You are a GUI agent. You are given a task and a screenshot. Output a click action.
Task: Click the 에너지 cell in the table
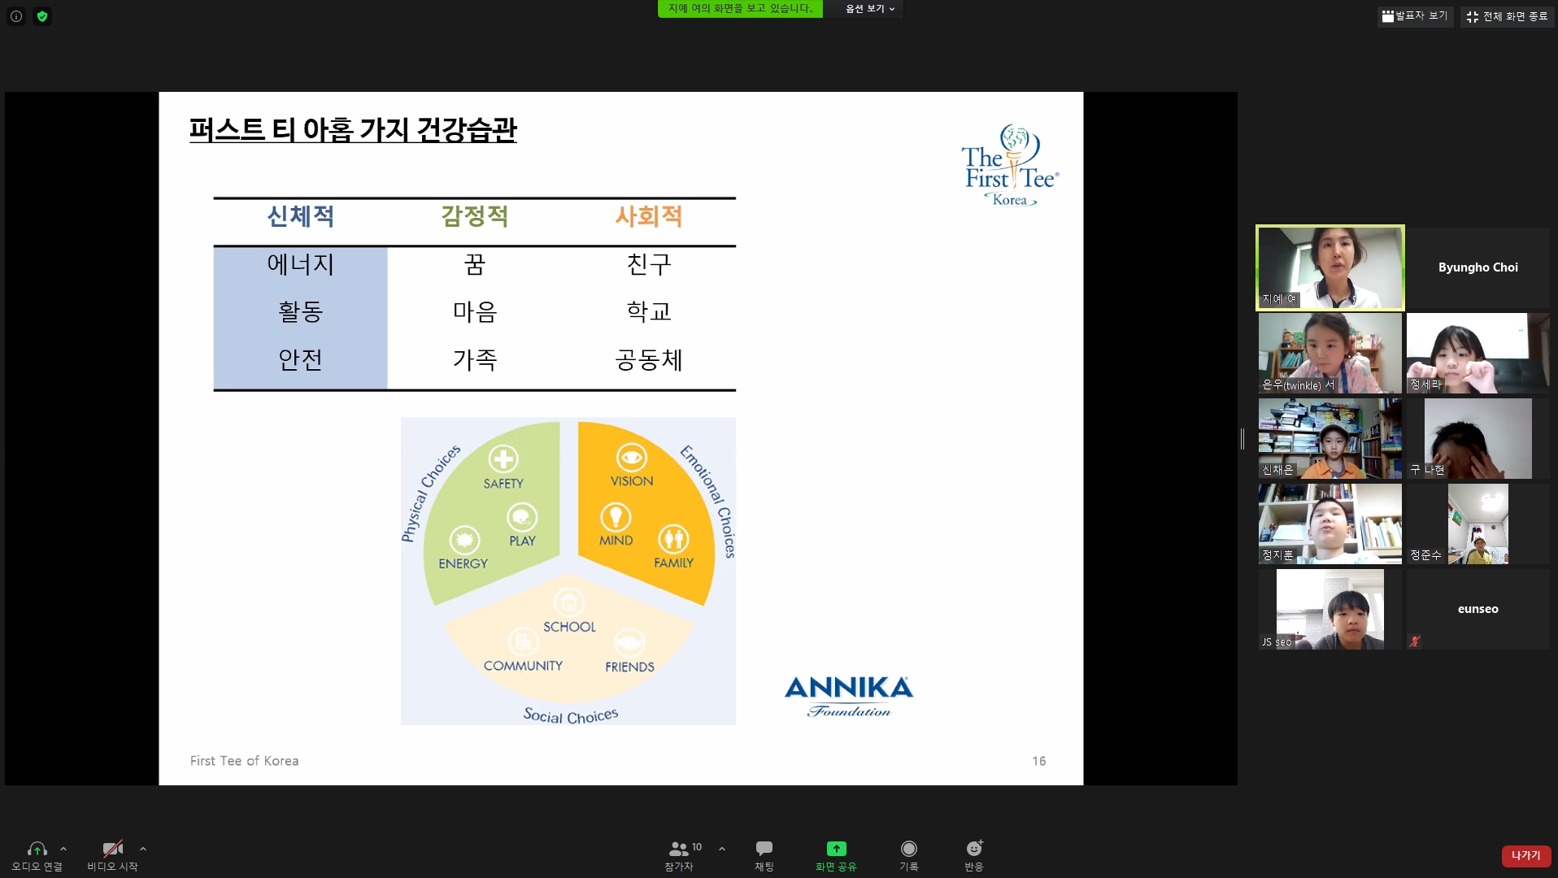click(x=300, y=264)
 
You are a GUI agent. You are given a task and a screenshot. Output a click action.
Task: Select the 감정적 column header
click(x=475, y=216)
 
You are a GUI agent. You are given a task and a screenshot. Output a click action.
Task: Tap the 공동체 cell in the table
click(x=649, y=359)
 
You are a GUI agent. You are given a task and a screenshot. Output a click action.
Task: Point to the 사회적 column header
click(x=649, y=216)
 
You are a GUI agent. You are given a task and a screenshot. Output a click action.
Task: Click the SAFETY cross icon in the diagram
click(x=503, y=459)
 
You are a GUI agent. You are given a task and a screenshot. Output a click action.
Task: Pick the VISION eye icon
click(x=632, y=458)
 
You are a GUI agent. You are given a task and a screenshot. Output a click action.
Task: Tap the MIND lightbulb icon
click(x=616, y=517)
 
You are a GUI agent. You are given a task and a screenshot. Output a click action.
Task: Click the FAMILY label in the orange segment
click(x=673, y=563)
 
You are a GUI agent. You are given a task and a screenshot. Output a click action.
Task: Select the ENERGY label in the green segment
click(x=463, y=563)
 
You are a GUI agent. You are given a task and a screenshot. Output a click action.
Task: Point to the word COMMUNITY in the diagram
click(x=523, y=666)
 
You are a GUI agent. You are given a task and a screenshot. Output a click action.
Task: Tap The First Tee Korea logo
click(x=1011, y=166)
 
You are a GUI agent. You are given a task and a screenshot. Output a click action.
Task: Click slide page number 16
click(x=1039, y=761)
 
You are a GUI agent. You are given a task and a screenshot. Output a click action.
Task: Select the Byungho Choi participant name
click(x=1477, y=267)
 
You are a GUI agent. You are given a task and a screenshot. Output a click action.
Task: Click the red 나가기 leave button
click(x=1525, y=856)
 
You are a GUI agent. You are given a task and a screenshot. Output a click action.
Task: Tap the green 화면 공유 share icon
click(x=836, y=849)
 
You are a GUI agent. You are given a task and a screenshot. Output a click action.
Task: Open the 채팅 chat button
click(x=764, y=855)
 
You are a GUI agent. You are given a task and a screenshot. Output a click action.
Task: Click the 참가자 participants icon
click(x=678, y=849)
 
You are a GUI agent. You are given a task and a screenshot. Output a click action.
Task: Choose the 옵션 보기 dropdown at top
click(x=869, y=9)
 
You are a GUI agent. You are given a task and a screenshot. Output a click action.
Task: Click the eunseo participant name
click(x=1477, y=609)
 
